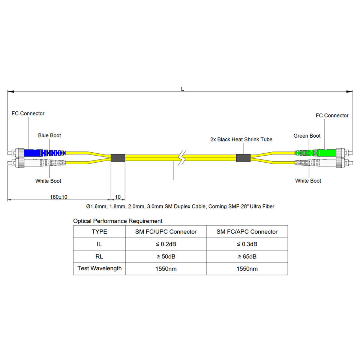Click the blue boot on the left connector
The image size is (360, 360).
click(x=45, y=153)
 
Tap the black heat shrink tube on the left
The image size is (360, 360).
click(x=118, y=157)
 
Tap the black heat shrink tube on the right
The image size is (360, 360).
click(x=243, y=157)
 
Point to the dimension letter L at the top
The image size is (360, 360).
click(x=182, y=89)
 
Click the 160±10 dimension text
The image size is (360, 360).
click(x=58, y=197)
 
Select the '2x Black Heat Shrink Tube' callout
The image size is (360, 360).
click(x=241, y=139)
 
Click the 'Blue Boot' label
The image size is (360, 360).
click(x=49, y=135)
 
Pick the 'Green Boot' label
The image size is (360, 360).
click(x=307, y=136)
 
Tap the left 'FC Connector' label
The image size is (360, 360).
click(x=28, y=113)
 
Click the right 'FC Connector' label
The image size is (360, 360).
click(x=332, y=115)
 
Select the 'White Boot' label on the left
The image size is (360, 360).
click(x=48, y=181)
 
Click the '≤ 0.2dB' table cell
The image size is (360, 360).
click(x=166, y=244)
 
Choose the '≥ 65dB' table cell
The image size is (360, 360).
click(x=247, y=257)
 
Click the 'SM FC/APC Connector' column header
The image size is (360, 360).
click(x=247, y=232)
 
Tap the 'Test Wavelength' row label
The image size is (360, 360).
click(x=99, y=268)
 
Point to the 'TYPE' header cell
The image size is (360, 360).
click(x=99, y=232)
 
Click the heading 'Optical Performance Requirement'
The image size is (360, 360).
click(x=118, y=221)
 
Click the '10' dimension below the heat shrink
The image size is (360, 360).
click(x=118, y=197)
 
